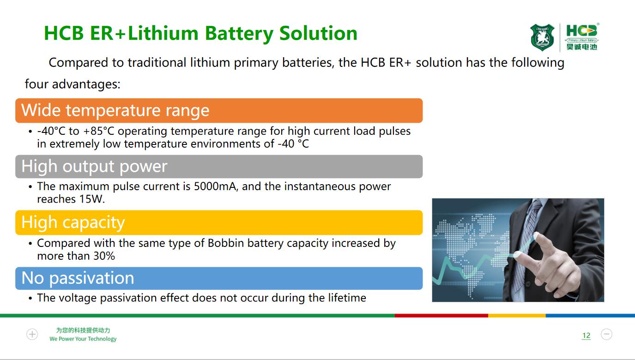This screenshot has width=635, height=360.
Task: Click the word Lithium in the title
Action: [x=163, y=33]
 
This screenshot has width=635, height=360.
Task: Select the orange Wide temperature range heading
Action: [x=219, y=110]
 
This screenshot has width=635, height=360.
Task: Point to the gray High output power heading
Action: [x=219, y=166]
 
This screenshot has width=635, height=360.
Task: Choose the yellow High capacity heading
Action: [x=219, y=222]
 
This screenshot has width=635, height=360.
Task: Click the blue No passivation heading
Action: [x=219, y=278]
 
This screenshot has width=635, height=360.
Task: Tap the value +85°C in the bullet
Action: [x=99, y=131]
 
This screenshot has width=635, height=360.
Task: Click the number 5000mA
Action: [x=216, y=186]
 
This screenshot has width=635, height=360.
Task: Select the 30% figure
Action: [x=104, y=256]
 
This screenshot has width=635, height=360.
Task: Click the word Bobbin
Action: [x=226, y=243]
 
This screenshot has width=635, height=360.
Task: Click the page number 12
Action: [x=586, y=336]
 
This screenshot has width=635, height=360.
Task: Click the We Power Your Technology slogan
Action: [x=83, y=339]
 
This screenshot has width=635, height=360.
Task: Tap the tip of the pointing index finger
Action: [x=536, y=235]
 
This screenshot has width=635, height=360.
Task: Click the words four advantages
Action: [x=73, y=84]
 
